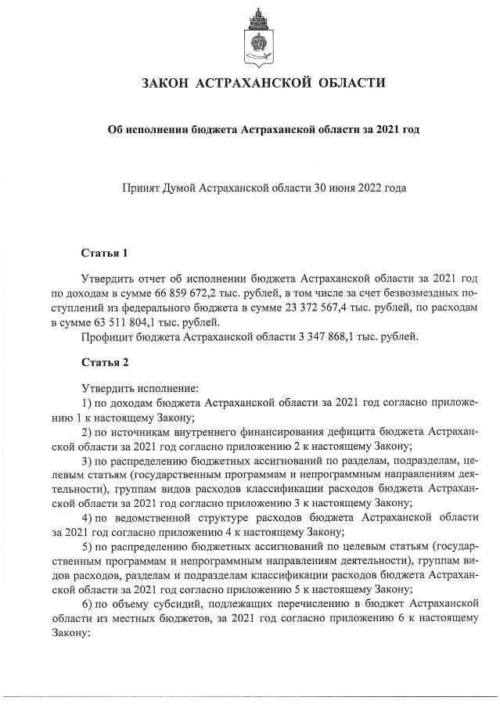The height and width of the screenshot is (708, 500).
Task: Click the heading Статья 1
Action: click(x=104, y=253)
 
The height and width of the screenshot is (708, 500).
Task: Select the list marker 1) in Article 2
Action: click(x=87, y=402)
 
